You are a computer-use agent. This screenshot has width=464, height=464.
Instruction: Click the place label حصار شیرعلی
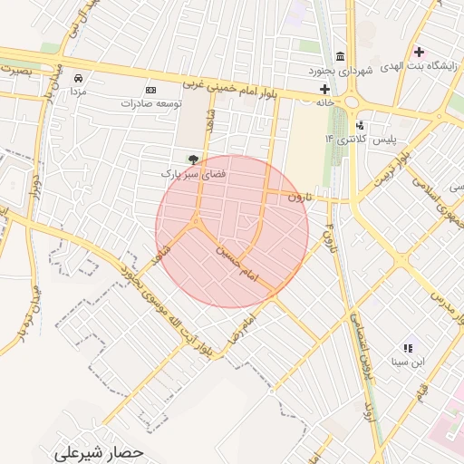coord(98,450)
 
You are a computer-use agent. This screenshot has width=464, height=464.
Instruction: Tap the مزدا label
coord(79,92)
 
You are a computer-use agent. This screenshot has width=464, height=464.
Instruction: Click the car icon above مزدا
coord(79,78)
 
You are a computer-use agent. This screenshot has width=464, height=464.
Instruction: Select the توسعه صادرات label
coord(150,103)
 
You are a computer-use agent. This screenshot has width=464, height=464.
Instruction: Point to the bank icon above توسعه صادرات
coord(150,90)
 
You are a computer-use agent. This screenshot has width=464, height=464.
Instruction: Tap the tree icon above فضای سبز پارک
coord(192,159)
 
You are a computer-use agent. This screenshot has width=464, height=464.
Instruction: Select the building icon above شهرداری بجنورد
coord(340,56)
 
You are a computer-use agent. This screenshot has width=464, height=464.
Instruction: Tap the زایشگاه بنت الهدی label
coord(417,65)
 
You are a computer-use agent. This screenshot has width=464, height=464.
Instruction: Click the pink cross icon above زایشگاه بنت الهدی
coord(418,51)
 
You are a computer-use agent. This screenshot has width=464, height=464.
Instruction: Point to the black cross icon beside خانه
coord(324,89)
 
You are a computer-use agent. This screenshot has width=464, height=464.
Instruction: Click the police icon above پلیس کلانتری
coord(361,125)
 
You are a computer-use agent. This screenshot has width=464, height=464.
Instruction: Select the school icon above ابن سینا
coord(408,347)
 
